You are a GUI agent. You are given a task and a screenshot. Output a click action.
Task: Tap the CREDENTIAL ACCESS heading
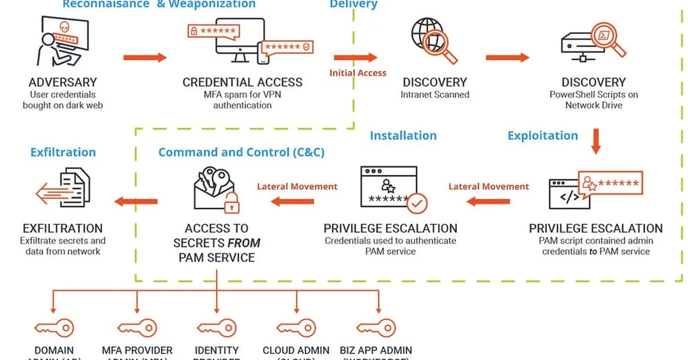click(x=243, y=83)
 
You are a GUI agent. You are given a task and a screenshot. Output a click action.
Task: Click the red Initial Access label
click(x=358, y=73)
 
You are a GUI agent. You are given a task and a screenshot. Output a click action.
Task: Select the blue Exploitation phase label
click(x=542, y=136)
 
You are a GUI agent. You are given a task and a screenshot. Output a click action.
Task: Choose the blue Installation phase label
click(x=403, y=136)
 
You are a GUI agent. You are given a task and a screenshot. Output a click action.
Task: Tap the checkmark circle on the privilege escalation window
click(x=417, y=202)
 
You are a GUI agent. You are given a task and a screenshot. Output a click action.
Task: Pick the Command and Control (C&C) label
click(x=241, y=152)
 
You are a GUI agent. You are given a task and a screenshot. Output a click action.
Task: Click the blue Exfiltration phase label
click(x=63, y=152)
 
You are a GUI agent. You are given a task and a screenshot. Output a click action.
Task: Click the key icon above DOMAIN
click(x=54, y=328)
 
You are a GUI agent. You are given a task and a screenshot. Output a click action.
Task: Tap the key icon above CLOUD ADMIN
click(x=296, y=328)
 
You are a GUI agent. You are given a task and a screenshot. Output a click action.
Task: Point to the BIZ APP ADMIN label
click(x=376, y=350)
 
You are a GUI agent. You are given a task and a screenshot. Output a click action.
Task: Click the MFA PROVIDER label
click(x=137, y=350)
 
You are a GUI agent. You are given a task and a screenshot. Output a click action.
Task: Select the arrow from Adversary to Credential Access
click(x=145, y=57)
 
